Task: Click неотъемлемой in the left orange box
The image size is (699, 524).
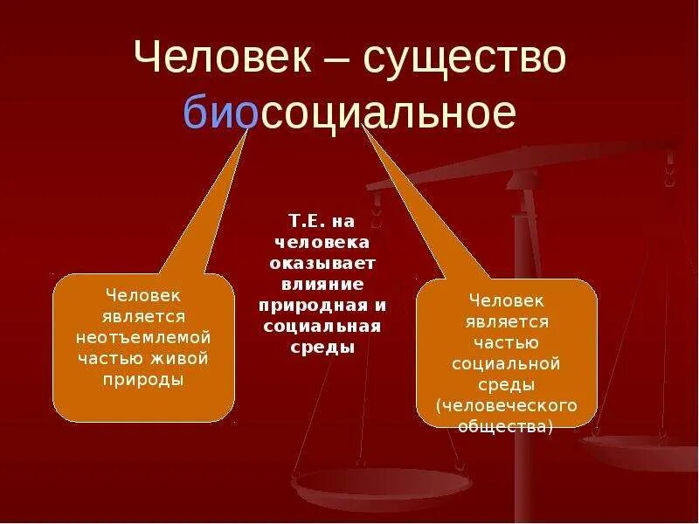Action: click(x=143, y=337)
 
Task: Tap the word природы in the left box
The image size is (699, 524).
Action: click(x=143, y=380)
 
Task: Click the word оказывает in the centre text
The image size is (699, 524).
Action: click(x=322, y=264)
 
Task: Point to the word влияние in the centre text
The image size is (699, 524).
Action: click(x=322, y=285)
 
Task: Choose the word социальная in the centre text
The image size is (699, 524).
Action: click(x=322, y=327)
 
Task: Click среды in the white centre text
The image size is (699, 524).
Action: click(x=322, y=348)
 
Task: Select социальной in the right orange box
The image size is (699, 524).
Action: click(x=506, y=363)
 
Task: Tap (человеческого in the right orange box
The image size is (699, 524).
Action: click(x=506, y=406)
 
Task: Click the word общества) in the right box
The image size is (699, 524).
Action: click(x=506, y=427)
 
